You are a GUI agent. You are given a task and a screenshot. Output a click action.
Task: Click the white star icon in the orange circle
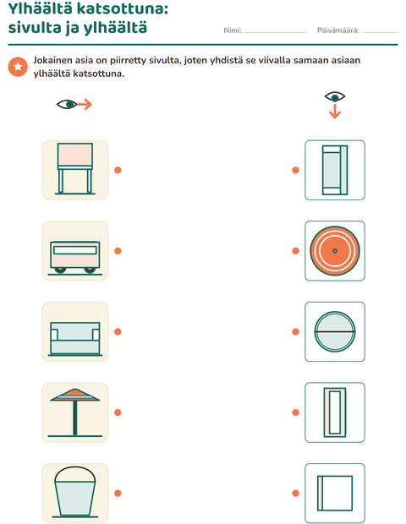click(x=18, y=67)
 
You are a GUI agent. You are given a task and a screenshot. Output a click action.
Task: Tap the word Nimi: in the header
click(x=233, y=30)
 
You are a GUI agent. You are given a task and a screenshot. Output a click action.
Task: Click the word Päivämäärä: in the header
click(x=337, y=30)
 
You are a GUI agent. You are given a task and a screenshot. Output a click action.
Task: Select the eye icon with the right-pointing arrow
click(x=74, y=104)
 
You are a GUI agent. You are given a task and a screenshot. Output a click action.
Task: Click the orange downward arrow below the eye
click(x=335, y=112)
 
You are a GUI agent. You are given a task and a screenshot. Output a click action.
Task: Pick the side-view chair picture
click(x=75, y=169)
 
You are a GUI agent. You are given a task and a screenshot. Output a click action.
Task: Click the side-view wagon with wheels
click(x=75, y=258)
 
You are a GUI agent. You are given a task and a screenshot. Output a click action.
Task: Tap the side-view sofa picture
click(x=75, y=339)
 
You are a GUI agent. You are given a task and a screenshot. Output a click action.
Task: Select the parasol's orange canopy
click(x=75, y=395)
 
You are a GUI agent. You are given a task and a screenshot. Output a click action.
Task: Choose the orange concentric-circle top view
click(x=335, y=251)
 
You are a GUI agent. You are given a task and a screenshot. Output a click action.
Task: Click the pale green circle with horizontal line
click(x=335, y=331)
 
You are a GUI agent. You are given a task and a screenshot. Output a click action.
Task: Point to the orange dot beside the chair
click(x=118, y=170)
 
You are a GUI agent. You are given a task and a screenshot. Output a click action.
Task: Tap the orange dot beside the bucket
click(x=118, y=493)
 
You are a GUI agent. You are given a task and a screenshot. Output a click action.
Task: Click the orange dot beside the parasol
click(x=118, y=412)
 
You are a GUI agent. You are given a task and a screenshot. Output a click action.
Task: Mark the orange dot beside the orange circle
click(x=296, y=251)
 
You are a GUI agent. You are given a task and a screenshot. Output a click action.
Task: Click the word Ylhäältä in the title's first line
click(x=40, y=8)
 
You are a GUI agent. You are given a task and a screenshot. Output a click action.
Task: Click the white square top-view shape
click(x=335, y=494)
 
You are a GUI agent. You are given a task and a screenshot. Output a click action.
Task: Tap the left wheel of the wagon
click(x=60, y=270)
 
